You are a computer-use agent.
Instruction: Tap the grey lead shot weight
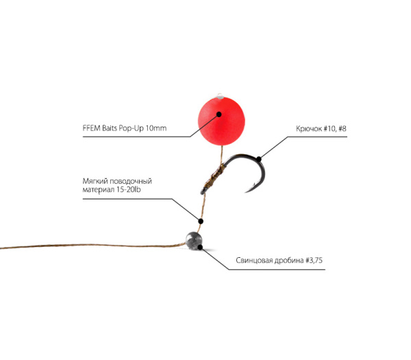(x=194, y=239)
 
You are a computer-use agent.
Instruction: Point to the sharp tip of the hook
(x=246, y=192)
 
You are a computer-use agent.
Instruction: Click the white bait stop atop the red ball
(x=220, y=96)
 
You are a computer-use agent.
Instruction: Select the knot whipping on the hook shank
(x=214, y=177)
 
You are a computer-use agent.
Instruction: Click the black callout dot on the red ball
(x=219, y=114)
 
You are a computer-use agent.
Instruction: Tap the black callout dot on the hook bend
(x=259, y=159)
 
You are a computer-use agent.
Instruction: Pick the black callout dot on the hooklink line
(x=201, y=221)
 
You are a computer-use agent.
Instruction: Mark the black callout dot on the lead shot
(x=200, y=247)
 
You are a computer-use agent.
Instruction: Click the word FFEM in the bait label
(x=92, y=128)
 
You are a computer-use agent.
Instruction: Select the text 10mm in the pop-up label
(x=156, y=128)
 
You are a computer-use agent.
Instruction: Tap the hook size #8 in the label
(x=342, y=129)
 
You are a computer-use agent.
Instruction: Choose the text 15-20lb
(x=129, y=189)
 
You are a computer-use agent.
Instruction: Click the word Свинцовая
(x=253, y=261)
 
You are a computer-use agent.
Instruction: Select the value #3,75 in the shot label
(x=314, y=261)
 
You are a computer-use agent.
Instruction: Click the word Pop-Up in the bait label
(x=132, y=128)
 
